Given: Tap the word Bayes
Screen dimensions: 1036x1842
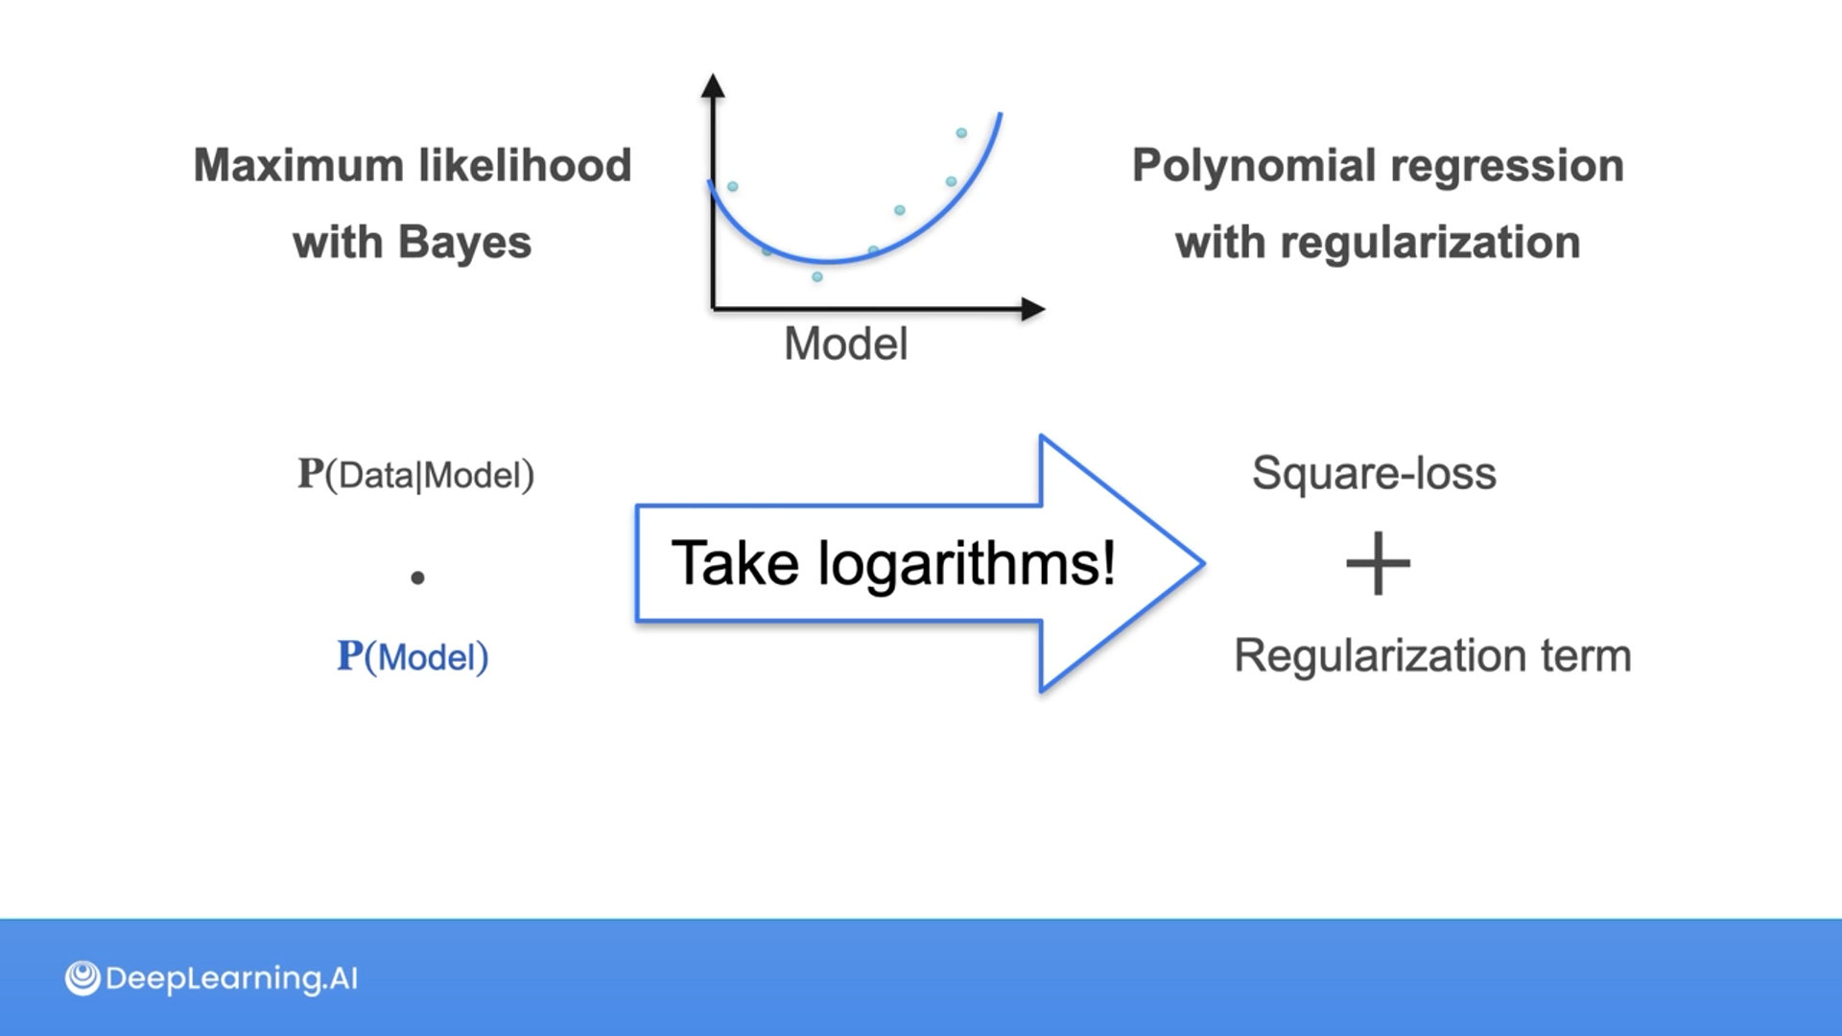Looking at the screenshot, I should pyautogui.click(x=464, y=243).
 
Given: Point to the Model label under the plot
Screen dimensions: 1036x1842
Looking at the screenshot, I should pyautogui.click(x=845, y=343).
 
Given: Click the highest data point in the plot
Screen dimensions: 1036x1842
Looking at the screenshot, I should pyautogui.click(x=961, y=133).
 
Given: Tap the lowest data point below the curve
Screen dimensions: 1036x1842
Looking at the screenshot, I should pyautogui.click(x=817, y=277).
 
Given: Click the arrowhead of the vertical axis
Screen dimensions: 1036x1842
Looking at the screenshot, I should pyautogui.click(x=713, y=86).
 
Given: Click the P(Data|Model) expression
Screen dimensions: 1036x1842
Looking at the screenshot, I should pyautogui.click(x=415, y=475).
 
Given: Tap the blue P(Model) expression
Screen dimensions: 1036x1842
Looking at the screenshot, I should pyautogui.click(x=413, y=657).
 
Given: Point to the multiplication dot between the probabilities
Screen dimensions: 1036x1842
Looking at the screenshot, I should pyautogui.click(x=417, y=577).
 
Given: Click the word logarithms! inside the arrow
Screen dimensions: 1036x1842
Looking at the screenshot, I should pyautogui.click(x=966, y=563).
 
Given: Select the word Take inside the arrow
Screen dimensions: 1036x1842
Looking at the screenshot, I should pyautogui.click(x=735, y=563).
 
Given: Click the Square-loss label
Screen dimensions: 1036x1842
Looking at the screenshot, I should pyautogui.click(x=1374, y=473).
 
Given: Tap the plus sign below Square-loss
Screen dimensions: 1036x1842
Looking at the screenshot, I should pyautogui.click(x=1378, y=563).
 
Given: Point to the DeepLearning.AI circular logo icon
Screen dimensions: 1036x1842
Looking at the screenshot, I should pyautogui.click(x=83, y=978).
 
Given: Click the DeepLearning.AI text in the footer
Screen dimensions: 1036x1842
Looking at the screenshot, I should pyautogui.click(x=231, y=978).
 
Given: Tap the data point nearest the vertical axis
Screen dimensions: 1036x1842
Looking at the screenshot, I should pyautogui.click(x=733, y=186).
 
